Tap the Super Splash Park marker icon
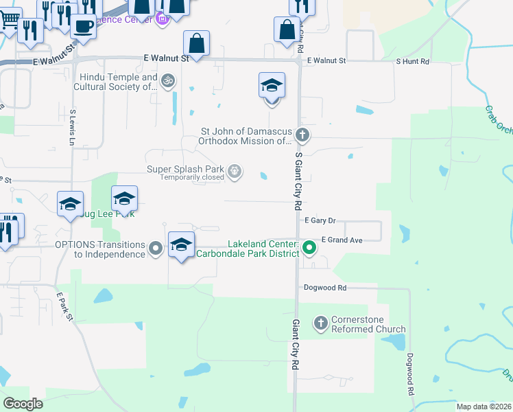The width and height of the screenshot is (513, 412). tap(235, 170)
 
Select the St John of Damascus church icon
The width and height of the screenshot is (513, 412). tap(302, 135)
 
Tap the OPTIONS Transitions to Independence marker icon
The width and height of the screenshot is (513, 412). tap(156, 248)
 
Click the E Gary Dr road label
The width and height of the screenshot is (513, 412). tap(320, 220)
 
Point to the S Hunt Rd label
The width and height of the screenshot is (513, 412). tap(412, 61)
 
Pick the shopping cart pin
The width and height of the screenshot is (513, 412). tap(9, 19)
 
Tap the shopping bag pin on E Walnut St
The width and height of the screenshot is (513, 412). tap(197, 44)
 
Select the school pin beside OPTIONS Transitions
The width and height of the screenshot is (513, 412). tap(181, 245)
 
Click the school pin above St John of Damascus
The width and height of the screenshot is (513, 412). tap(272, 87)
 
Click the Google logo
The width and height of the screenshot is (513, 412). tap(23, 404)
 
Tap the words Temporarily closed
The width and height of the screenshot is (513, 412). tap(192, 177)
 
